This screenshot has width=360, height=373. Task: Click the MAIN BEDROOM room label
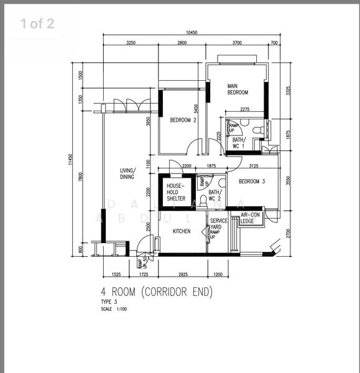(238, 89)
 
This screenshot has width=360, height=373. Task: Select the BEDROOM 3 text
(252, 181)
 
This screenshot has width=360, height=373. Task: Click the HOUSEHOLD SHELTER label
(175, 192)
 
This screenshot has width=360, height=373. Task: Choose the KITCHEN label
(182, 231)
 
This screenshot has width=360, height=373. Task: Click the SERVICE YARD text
(218, 224)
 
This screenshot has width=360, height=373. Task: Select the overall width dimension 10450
(192, 32)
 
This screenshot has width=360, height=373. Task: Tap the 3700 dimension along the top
(237, 43)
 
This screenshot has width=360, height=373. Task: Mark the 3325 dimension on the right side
(288, 90)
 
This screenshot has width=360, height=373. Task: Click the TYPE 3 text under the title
(109, 302)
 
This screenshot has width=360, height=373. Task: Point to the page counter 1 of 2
(37, 24)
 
